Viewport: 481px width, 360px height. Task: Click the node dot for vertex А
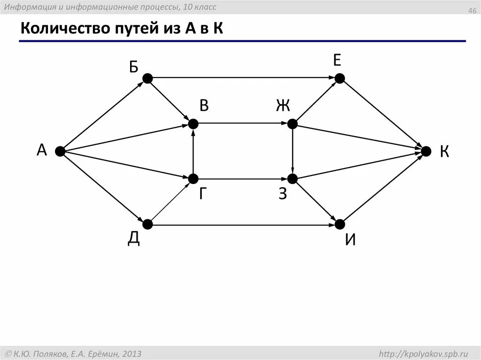(x=60, y=151)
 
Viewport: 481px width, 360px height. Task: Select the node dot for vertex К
(x=426, y=151)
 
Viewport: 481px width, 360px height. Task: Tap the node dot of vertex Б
(x=147, y=78)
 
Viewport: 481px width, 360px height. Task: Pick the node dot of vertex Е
(x=339, y=78)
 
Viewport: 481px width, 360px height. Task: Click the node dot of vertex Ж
(x=292, y=124)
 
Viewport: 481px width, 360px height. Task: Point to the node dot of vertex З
(x=292, y=179)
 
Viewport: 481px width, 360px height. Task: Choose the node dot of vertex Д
(x=147, y=225)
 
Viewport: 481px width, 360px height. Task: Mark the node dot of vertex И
(x=339, y=225)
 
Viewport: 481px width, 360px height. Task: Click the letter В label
(x=203, y=106)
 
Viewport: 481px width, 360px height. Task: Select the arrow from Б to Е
(x=243, y=78)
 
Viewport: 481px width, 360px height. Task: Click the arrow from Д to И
(x=243, y=225)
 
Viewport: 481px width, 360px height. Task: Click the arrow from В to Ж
(x=242, y=124)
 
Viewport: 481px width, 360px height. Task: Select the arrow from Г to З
(x=242, y=179)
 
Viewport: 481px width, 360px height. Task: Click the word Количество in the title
(x=60, y=29)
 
